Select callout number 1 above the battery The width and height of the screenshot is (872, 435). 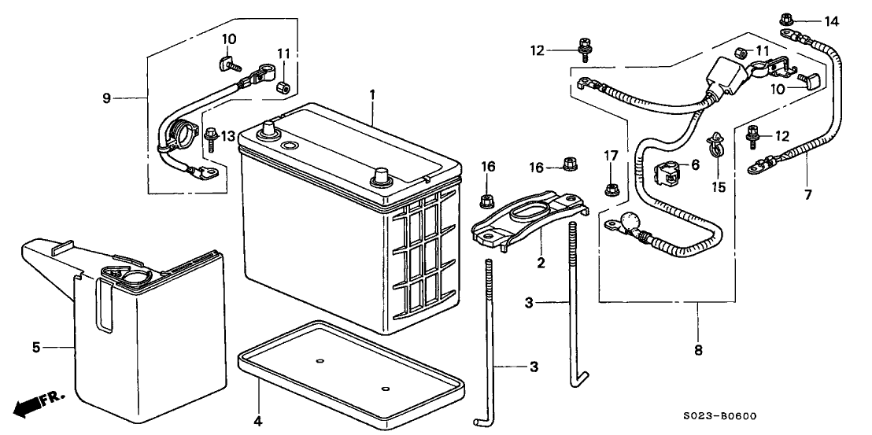click(x=372, y=94)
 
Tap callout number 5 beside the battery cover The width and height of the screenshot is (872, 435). click(x=36, y=348)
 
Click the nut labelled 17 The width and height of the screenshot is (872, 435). click(x=610, y=189)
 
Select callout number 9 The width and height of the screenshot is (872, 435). click(x=106, y=99)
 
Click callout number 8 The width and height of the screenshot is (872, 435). click(x=698, y=351)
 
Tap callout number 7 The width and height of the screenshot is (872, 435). click(x=807, y=194)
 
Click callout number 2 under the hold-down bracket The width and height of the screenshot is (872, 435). click(x=541, y=263)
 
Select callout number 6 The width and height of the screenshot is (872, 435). click(x=695, y=164)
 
